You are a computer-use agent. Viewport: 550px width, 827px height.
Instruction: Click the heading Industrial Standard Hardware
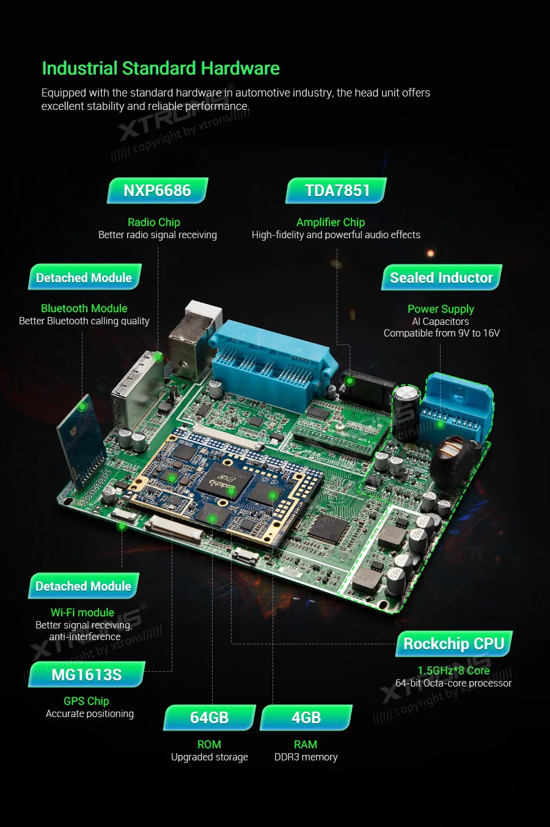[160, 68]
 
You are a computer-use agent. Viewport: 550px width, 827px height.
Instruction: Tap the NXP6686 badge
[157, 191]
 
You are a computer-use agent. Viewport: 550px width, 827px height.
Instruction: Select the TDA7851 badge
[337, 191]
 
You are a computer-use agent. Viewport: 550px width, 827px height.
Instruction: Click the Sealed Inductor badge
[441, 278]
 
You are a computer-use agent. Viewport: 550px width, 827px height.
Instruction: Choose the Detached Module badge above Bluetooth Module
[84, 278]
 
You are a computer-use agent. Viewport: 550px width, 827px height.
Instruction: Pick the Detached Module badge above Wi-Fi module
[84, 586]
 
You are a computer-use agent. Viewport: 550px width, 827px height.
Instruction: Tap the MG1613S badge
[86, 675]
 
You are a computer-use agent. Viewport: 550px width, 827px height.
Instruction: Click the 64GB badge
[209, 718]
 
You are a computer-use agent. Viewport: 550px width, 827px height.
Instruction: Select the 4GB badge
[306, 718]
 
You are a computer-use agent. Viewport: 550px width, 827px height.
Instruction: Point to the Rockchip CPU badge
[453, 644]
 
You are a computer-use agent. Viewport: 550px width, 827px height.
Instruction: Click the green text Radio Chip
[154, 222]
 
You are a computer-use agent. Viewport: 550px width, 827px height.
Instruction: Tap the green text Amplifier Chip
[331, 222]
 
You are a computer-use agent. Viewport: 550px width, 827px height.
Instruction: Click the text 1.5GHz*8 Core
[453, 671]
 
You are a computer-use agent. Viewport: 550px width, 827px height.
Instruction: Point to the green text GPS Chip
[86, 701]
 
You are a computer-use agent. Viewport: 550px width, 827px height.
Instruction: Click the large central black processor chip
[222, 479]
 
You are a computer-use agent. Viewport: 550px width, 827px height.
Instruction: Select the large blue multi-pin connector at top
[272, 360]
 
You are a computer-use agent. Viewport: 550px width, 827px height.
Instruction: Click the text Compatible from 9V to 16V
[441, 333]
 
